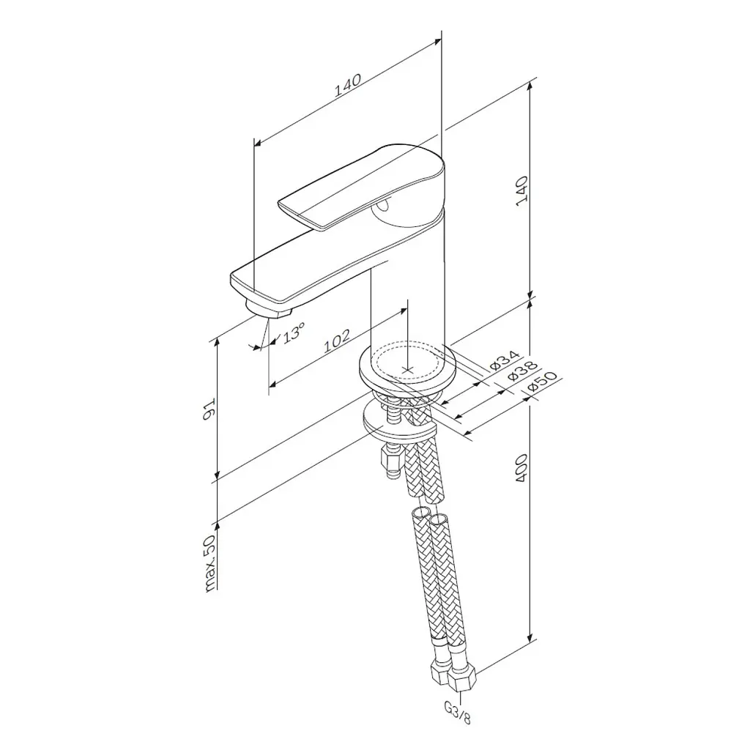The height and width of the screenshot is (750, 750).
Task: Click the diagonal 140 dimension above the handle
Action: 347,85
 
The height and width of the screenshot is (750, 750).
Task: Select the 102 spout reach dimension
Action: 337,341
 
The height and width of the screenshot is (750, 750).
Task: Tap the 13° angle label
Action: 294,333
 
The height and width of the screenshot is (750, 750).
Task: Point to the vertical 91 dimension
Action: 209,409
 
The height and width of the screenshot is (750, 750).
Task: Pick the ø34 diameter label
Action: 504,360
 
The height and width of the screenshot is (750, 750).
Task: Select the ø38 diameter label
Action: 522,371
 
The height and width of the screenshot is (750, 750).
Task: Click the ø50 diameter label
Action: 542,382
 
